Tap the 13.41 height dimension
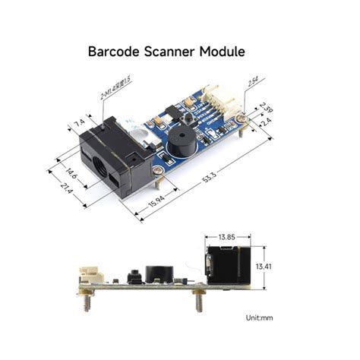point(263,267)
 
